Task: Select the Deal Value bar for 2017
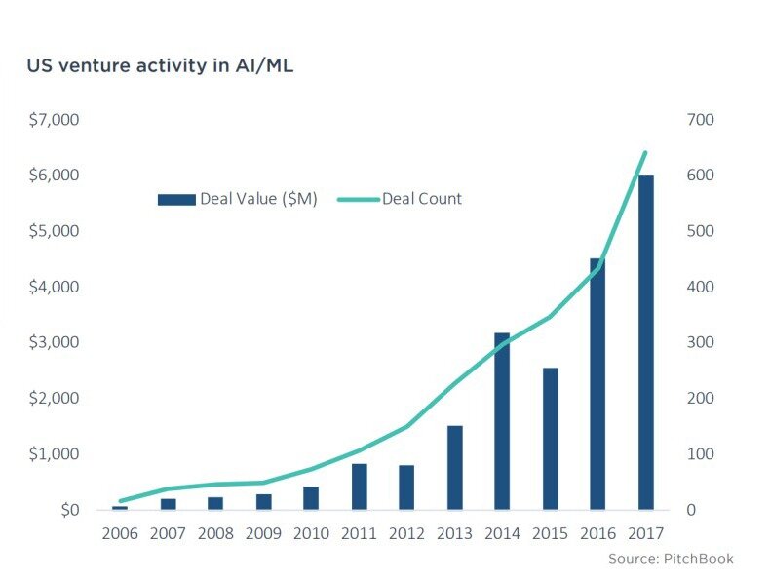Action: coord(645,342)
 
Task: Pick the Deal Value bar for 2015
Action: coord(550,439)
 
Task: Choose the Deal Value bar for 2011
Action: coord(359,487)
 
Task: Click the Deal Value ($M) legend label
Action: coord(257,199)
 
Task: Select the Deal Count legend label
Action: coord(421,199)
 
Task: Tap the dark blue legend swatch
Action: coord(176,200)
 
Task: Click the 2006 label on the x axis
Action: coord(119,534)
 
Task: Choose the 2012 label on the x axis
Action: coord(406,534)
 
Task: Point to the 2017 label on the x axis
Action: coord(645,534)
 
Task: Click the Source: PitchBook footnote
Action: coord(670,559)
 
